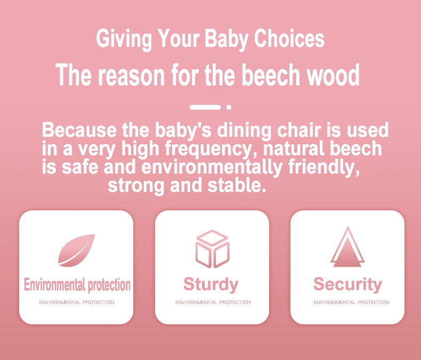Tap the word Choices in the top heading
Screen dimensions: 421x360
click(289, 38)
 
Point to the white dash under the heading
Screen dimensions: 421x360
click(205, 107)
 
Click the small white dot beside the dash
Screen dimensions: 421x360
click(229, 107)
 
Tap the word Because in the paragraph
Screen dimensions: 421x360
click(79, 130)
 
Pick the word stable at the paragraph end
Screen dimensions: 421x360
click(237, 185)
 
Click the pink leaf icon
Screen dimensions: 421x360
click(77, 250)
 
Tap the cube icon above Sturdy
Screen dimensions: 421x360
click(213, 249)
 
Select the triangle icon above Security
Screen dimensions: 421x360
click(347, 247)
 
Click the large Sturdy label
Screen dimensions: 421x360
click(211, 284)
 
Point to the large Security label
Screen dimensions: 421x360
click(347, 284)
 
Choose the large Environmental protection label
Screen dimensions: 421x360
click(77, 284)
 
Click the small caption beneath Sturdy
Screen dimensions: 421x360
click(213, 302)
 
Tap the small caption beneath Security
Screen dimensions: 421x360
click(352, 302)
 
